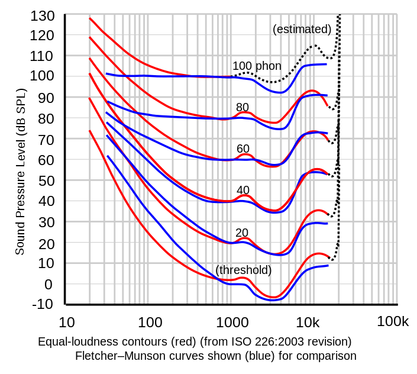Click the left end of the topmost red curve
coord(90,18)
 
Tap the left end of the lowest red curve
coord(90,131)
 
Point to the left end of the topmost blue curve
coord(106,75)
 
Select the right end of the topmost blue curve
coord(327,64)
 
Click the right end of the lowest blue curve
coord(328,265)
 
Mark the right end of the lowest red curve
coord(329,256)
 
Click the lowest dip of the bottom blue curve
coord(272,299)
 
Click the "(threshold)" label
coord(244,270)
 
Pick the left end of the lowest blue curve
coord(108,156)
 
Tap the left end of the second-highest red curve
coord(90,37)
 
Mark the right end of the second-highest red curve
coord(328,107)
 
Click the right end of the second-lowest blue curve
coord(328,223)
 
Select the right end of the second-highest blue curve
coord(327,95)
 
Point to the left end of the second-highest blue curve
coord(107,101)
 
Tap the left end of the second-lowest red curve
coord(90,99)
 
